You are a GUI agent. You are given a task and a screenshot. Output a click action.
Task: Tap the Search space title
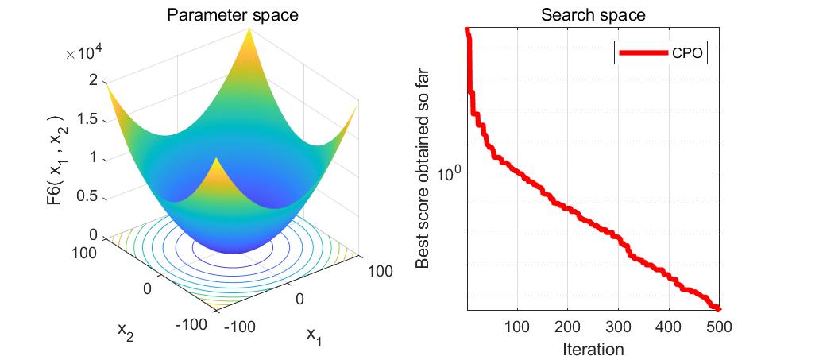click(593, 15)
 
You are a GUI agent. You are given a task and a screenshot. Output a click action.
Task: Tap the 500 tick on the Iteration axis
click(719, 327)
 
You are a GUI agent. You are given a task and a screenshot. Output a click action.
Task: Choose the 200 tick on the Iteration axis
click(568, 327)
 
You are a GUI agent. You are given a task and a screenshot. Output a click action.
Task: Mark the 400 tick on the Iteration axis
click(669, 327)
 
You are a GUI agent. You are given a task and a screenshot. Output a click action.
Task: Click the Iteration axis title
click(593, 348)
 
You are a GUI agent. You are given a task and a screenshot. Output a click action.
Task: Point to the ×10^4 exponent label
click(87, 53)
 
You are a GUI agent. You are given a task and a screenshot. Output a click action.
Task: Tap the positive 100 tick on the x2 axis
click(89, 252)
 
